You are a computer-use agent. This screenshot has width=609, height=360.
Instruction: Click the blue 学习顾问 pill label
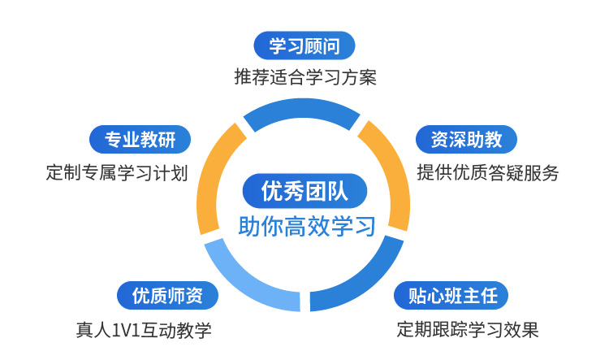coord(304,46)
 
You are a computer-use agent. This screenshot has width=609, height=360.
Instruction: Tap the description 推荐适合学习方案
coord(304,78)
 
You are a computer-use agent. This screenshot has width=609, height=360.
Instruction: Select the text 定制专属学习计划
coord(117,172)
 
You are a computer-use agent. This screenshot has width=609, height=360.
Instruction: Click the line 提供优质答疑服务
coord(488,172)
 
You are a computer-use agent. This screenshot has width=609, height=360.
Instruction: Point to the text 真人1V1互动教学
coord(143,330)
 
